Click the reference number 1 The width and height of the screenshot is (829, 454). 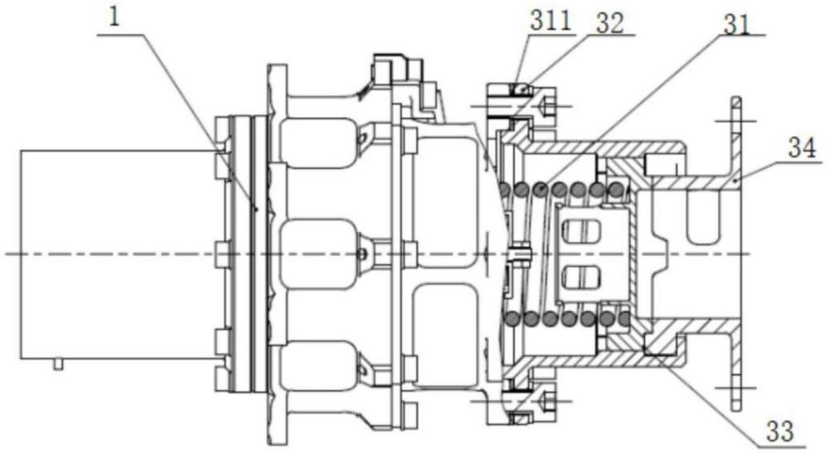pos(114,17)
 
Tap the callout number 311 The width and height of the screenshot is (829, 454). pos(551,22)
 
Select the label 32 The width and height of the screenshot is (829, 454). pos(610,23)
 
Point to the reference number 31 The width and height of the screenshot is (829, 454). pos(737,24)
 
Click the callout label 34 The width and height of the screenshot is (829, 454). pos(802,148)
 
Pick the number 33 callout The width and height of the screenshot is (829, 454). pos(781,432)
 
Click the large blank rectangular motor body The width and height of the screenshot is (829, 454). pos(119,254)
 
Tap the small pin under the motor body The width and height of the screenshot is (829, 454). pos(59,365)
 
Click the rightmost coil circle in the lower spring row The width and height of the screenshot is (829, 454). pos(625,317)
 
